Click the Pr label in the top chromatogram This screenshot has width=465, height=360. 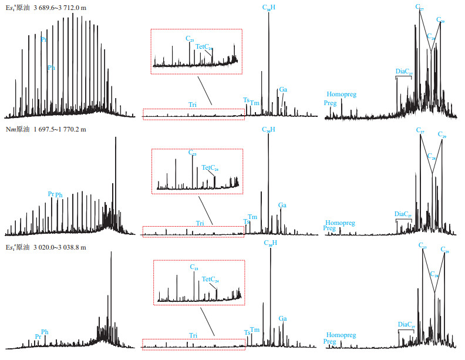point(44,40)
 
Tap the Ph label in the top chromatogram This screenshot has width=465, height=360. point(52,68)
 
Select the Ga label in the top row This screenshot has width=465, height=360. point(283,89)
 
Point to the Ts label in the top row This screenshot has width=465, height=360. point(246,100)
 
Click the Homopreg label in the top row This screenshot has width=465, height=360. point(342,94)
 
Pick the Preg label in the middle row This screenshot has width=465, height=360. point(329,228)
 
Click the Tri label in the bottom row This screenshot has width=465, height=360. point(193,335)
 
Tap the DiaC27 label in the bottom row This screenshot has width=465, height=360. point(405,324)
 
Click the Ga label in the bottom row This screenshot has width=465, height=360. point(282,318)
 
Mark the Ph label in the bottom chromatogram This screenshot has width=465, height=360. point(45,332)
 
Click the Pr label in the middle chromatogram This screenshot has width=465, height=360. point(51,193)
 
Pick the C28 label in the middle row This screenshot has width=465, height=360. point(433,157)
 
